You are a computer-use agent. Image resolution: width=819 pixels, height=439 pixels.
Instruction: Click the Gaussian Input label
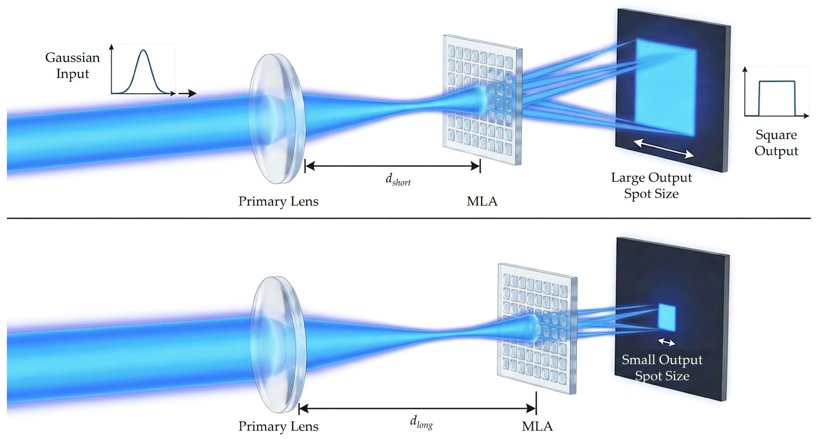[72, 66]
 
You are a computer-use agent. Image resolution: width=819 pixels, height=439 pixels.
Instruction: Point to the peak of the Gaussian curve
[144, 50]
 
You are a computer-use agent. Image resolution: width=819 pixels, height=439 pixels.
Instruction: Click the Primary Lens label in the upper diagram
[278, 202]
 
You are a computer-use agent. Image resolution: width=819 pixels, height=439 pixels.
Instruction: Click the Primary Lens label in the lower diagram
[278, 426]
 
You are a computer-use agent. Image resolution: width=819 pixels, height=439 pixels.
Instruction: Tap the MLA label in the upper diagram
[482, 202]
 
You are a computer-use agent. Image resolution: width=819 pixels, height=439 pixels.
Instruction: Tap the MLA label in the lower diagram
[537, 426]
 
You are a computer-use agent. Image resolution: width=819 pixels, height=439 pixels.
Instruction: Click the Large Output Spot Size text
[652, 186]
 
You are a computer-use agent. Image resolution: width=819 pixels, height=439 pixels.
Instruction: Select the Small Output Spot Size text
[662, 368]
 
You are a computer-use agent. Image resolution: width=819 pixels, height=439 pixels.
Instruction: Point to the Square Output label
[776, 143]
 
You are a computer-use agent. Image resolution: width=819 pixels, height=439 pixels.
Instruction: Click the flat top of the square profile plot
[777, 81]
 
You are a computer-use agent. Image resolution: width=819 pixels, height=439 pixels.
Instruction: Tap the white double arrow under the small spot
[666, 342]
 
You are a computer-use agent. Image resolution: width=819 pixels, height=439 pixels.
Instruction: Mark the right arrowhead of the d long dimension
[531, 408]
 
